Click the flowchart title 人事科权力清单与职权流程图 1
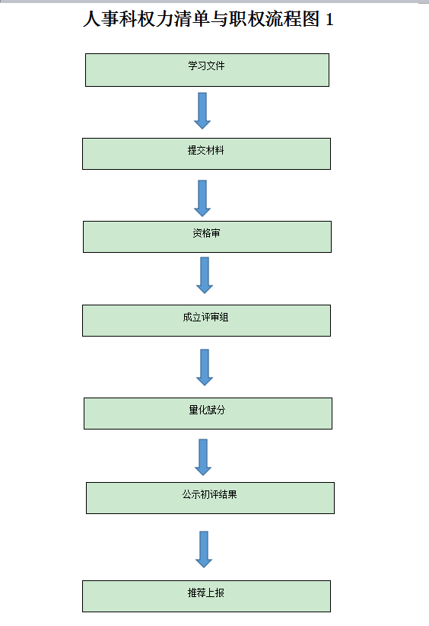(208, 20)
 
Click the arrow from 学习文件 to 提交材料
(202, 110)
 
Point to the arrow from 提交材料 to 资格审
(202, 198)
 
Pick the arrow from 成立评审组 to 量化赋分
(204, 366)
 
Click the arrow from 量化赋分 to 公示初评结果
(202, 457)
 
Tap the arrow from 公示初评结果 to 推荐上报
(203, 548)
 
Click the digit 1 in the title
(329, 20)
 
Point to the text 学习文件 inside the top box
(207, 65)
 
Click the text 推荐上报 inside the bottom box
(206, 592)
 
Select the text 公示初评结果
(209, 493)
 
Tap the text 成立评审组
(205, 317)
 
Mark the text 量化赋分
(207, 409)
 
